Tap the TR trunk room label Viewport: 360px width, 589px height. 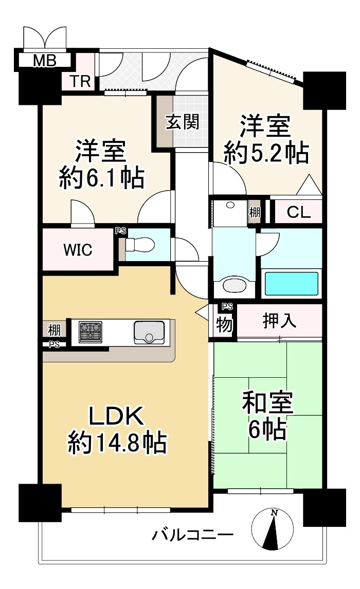click(79, 81)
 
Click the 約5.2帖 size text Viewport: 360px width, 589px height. click(266, 153)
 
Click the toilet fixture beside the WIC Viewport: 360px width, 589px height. click(140, 245)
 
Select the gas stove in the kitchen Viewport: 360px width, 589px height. click(91, 332)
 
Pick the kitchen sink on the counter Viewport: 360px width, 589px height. click(150, 333)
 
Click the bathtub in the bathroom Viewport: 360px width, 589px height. click(291, 284)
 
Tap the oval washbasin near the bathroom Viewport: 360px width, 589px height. click(234, 285)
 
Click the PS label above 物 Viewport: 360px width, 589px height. click(227, 307)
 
